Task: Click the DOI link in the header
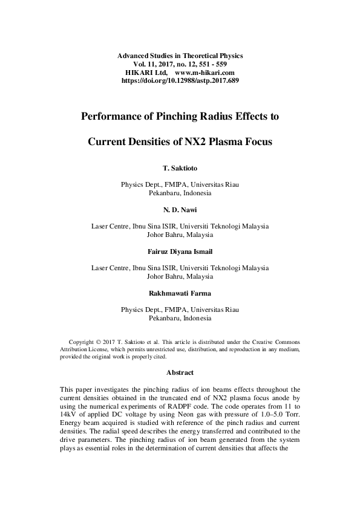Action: [180, 80]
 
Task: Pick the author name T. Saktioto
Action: [180, 166]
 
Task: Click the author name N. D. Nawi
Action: [180, 209]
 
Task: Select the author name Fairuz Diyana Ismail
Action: [180, 251]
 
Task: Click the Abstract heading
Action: [180, 373]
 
